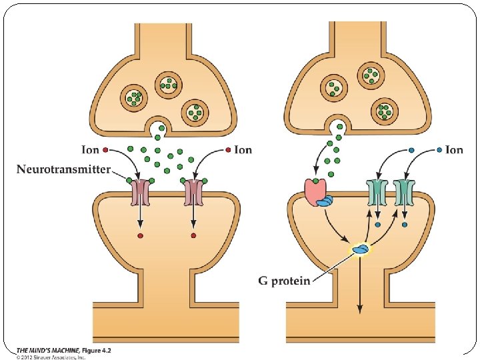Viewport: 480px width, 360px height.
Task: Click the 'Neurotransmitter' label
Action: (63, 169)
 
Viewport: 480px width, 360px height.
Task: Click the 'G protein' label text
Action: (284, 281)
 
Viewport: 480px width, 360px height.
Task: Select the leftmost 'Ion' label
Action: (91, 150)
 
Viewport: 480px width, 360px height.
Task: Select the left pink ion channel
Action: (140, 193)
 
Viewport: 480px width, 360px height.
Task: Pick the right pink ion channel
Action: (193, 193)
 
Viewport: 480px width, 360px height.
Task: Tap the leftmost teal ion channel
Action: (377, 193)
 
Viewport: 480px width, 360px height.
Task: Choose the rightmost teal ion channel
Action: (405, 193)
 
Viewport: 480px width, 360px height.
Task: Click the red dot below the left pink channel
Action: (140, 235)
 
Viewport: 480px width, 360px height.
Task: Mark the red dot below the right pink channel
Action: (193, 235)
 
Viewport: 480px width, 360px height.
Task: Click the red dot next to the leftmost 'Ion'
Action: (105, 149)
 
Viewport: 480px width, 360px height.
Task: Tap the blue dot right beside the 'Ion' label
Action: (439, 149)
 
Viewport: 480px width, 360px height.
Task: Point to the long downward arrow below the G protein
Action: (360, 287)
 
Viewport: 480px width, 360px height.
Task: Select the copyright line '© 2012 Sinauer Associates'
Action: (51, 357)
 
